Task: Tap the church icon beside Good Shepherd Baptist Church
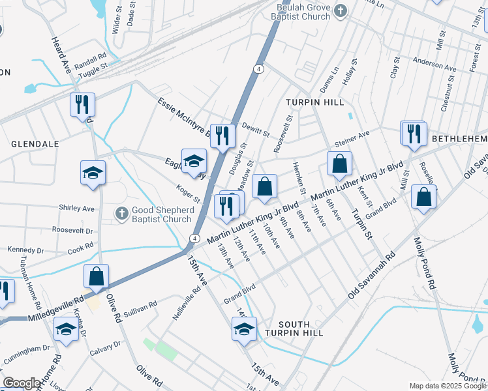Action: [121, 213]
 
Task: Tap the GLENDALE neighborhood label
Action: [35, 143]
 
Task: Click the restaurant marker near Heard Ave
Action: [83, 106]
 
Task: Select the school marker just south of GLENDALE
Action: [93, 173]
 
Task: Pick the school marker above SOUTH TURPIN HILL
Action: [244, 329]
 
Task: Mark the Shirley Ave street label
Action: [76, 209]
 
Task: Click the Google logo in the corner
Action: [21, 383]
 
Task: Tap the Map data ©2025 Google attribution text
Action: [446, 386]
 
